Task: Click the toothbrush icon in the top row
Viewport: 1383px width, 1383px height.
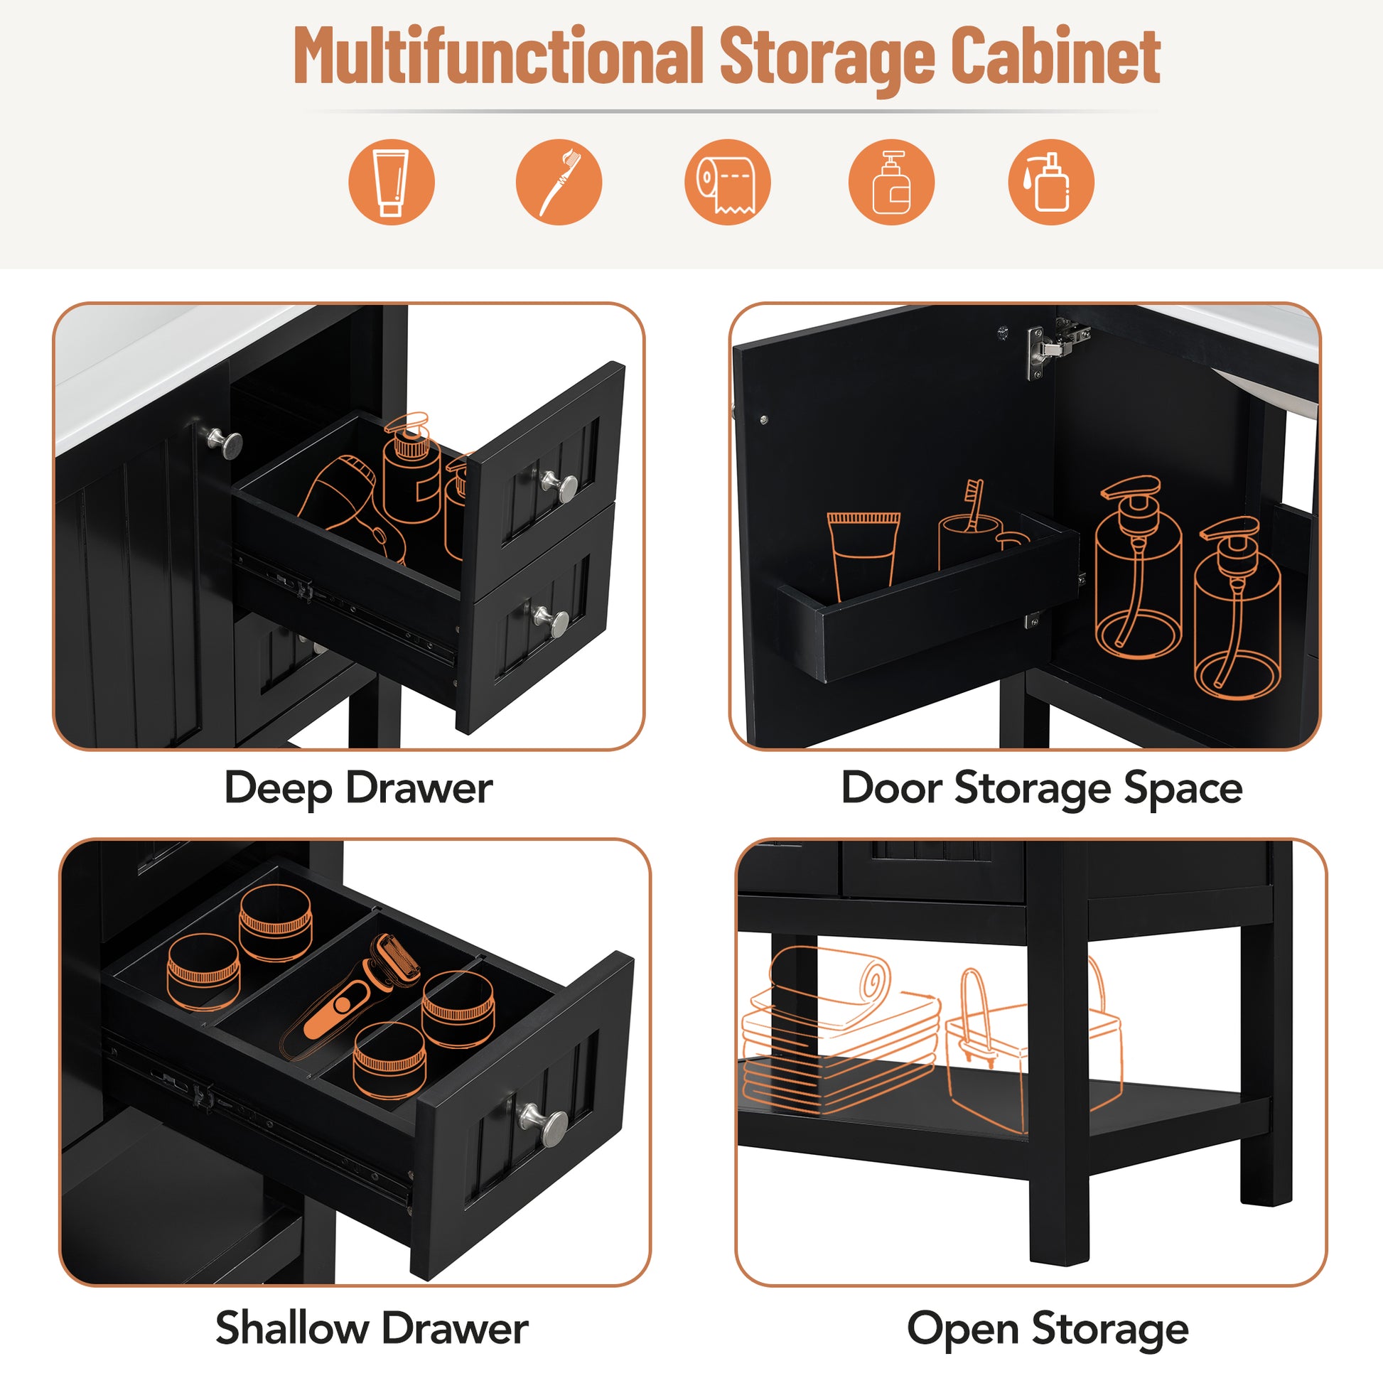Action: click(559, 182)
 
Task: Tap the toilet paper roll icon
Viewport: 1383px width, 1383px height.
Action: click(726, 182)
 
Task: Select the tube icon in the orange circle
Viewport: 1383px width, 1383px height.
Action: click(391, 182)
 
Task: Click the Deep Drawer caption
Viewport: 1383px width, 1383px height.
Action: click(358, 788)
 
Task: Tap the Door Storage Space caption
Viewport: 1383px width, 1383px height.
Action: click(1042, 788)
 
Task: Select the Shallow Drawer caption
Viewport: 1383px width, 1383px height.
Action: click(372, 1328)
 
